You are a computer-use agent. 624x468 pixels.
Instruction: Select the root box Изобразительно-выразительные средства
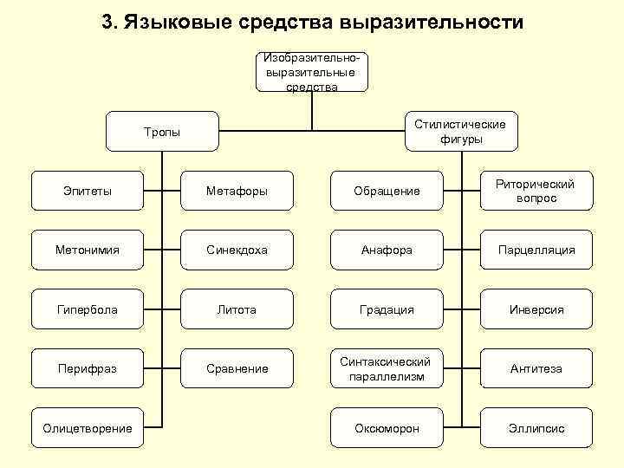(x=312, y=72)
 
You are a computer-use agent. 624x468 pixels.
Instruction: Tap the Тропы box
(x=162, y=132)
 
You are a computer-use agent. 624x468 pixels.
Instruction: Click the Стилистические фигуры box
(x=460, y=132)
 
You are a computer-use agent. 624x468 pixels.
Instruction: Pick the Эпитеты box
(x=88, y=191)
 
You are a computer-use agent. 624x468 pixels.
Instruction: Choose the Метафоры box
(x=237, y=191)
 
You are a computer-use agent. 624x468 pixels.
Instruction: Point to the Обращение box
(x=387, y=191)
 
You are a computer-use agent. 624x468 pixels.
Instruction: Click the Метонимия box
(x=88, y=250)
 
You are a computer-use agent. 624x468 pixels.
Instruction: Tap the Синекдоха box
(x=237, y=250)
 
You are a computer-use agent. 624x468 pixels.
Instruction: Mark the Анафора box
(x=387, y=250)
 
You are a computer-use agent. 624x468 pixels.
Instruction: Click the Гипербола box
(x=88, y=309)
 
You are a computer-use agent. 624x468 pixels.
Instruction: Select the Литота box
(x=237, y=309)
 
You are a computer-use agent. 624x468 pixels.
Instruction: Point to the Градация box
(x=387, y=309)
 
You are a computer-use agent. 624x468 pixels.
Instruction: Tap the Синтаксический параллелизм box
(x=387, y=368)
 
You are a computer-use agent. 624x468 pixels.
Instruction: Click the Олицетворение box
(x=88, y=427)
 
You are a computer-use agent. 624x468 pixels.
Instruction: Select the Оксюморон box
(x=387, y=427)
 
